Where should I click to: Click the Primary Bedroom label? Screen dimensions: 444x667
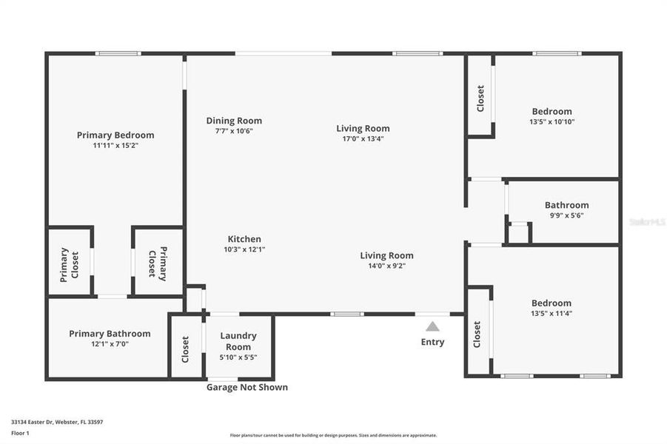(115, 135)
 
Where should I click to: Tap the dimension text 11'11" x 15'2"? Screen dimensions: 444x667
(115, 146)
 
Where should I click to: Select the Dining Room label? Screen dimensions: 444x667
(234, 121)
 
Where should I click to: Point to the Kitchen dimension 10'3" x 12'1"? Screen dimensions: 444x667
(244, 249)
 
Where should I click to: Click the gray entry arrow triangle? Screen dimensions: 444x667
(432, 326)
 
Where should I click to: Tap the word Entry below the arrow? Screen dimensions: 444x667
(432, 342)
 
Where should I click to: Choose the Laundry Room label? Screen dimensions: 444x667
(238, 341)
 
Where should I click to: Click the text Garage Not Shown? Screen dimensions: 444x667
(247, 387)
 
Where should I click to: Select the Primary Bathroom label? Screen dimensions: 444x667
(110, 334)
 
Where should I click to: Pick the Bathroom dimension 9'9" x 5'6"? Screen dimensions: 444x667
(566, 215)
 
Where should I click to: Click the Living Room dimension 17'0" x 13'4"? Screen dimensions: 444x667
(363, 138)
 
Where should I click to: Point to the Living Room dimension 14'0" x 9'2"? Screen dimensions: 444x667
(386, 266)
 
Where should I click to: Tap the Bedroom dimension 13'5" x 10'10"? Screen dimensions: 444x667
(552, 121)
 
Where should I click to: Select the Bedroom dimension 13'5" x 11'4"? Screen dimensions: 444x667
(552, 313)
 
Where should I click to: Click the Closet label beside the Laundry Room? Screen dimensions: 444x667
(186, 346)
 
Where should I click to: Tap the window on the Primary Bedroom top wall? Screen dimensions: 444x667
(118, 53)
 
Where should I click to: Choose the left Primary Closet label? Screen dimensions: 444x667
(70, 264)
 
